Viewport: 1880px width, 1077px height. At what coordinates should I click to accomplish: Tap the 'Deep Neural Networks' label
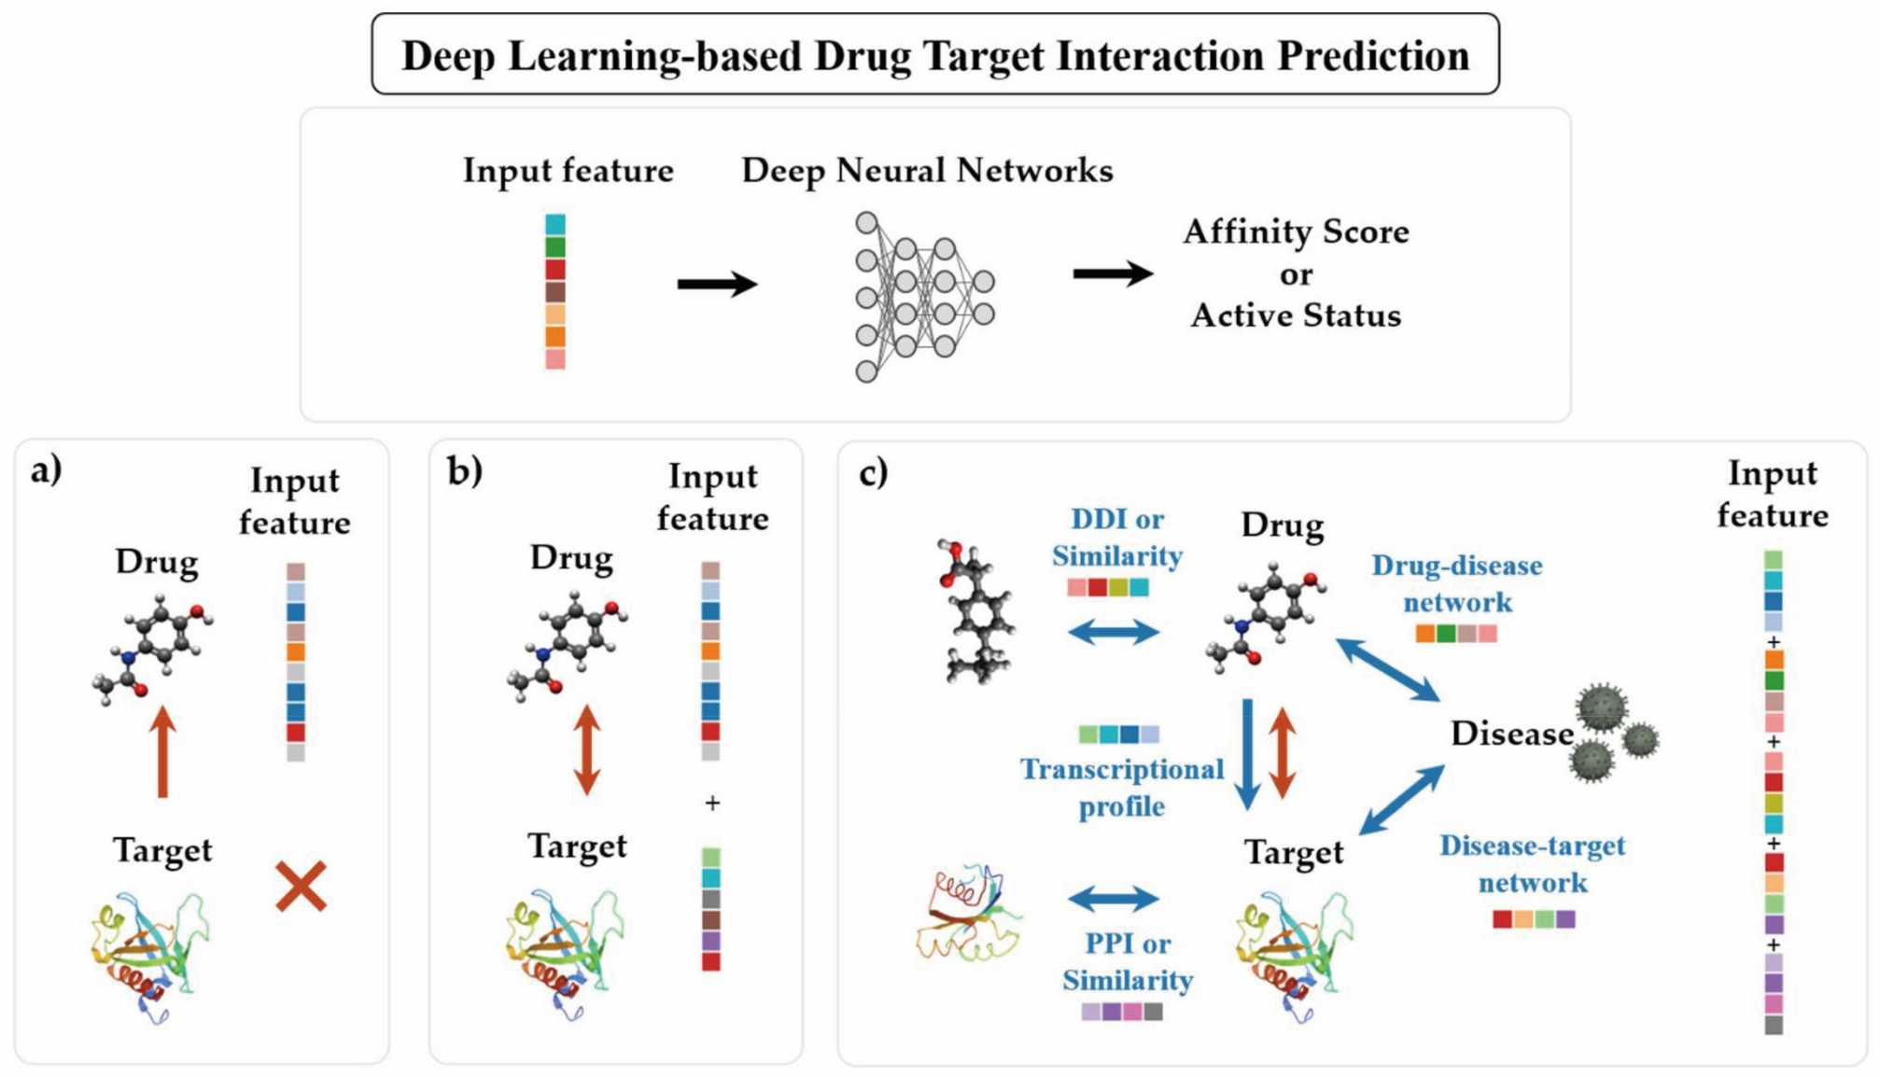point(927,171)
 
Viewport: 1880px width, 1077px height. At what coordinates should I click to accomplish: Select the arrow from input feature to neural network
point(716,284)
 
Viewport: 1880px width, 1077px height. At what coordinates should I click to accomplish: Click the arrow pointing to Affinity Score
point(1112,273)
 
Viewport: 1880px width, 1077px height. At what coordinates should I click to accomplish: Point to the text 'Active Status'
point(1296,315)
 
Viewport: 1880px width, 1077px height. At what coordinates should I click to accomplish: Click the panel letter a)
point(46,469)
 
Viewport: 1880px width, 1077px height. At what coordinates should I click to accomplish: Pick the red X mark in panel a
point(301,886)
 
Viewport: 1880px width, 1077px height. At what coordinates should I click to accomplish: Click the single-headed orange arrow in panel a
point(163,751)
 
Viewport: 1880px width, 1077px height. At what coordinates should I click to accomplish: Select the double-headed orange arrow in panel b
point(586,749)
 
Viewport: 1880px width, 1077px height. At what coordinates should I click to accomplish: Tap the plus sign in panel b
point(712,803)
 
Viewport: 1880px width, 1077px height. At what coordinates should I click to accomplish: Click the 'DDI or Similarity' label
point(1117,538)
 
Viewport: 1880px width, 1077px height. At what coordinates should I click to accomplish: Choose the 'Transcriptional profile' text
point(1121,787)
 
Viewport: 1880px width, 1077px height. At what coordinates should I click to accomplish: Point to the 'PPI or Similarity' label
point(1128,961)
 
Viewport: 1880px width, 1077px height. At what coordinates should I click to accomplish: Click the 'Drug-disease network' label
point(1456,583)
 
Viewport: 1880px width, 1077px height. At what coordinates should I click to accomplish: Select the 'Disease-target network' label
point(1532,863)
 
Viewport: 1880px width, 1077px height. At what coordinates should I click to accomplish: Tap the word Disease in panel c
point(1511,734)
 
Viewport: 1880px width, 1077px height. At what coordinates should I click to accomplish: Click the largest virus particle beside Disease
point(1602,708)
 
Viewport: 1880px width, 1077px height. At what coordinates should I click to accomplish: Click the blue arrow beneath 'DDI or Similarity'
point(1114,632)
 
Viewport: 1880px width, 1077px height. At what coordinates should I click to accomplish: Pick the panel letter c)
point(873,472)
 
